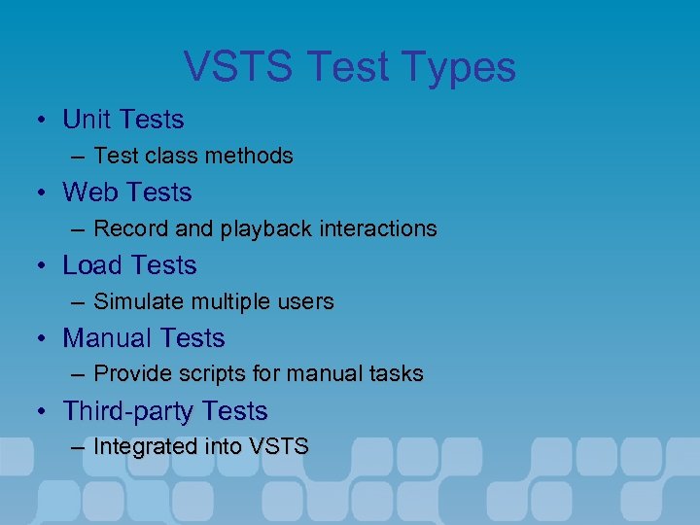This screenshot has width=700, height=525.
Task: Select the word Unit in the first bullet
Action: pyautogui.click(x=83, y=120)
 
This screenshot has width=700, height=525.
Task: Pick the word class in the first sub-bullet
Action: pyautogui.click(x=165, y=156)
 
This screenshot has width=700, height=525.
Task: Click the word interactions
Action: pyautogui.click(x=375, y=228)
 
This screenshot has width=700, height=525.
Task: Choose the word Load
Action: pyautogui.click(x=91, y=265)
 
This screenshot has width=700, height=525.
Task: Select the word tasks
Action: pyautogui.click(x=396, y=374)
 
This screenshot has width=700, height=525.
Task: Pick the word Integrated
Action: pyautogui.click(x=146, y=447)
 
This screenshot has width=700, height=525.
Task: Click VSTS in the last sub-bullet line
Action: pyautogui.click(x=279, y=447)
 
